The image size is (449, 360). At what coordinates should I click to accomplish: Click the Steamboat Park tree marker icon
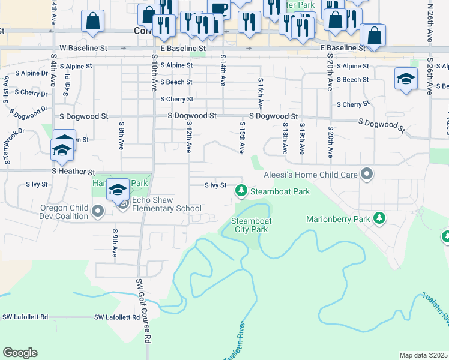click(241, 191)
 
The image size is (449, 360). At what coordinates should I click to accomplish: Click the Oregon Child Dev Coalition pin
click(100, 211)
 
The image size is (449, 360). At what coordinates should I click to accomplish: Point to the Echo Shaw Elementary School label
click(166, 205)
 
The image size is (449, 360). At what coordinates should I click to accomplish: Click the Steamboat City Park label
click(251, 225)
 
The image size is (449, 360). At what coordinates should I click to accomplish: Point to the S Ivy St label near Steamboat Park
click(215, 185)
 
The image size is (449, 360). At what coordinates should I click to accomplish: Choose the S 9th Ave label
click(114, 242)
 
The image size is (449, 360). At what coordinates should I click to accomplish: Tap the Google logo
click(20, 353)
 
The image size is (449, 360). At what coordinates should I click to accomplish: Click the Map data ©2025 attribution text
click(423, 355)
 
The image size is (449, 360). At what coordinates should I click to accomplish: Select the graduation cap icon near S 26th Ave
click(406, 79)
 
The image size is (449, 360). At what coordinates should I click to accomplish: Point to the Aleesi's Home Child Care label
click(311, 175)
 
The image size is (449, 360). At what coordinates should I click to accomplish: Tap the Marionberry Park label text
click(337, 220)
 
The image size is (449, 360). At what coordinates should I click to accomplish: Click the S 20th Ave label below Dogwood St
click(330, 143)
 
